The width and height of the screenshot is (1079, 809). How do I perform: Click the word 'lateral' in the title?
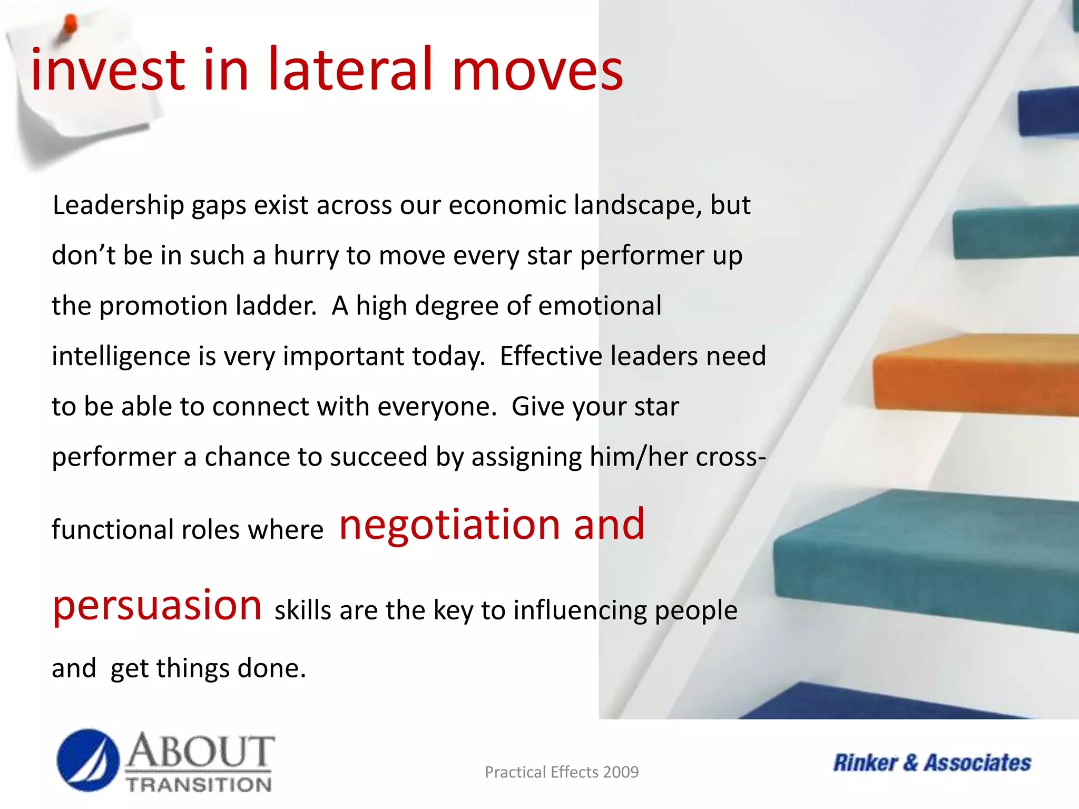click(350, 70)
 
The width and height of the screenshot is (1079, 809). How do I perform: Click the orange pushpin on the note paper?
click(68, 26)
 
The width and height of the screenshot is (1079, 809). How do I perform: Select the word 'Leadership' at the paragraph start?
click(118, 205)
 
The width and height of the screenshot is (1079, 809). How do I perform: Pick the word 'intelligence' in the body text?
click(121, 357)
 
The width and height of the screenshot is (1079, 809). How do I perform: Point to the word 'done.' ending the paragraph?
click(272, 668)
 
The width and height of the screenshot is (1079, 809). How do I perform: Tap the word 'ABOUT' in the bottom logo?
click(200, 752)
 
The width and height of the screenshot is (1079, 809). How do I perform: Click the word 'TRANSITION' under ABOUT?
click(199, 785)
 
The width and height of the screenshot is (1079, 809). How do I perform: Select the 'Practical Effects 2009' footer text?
click(561, 772)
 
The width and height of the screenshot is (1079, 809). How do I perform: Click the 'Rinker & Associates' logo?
click(931, 763)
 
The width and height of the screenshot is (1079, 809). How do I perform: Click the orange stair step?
click(975, 374)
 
